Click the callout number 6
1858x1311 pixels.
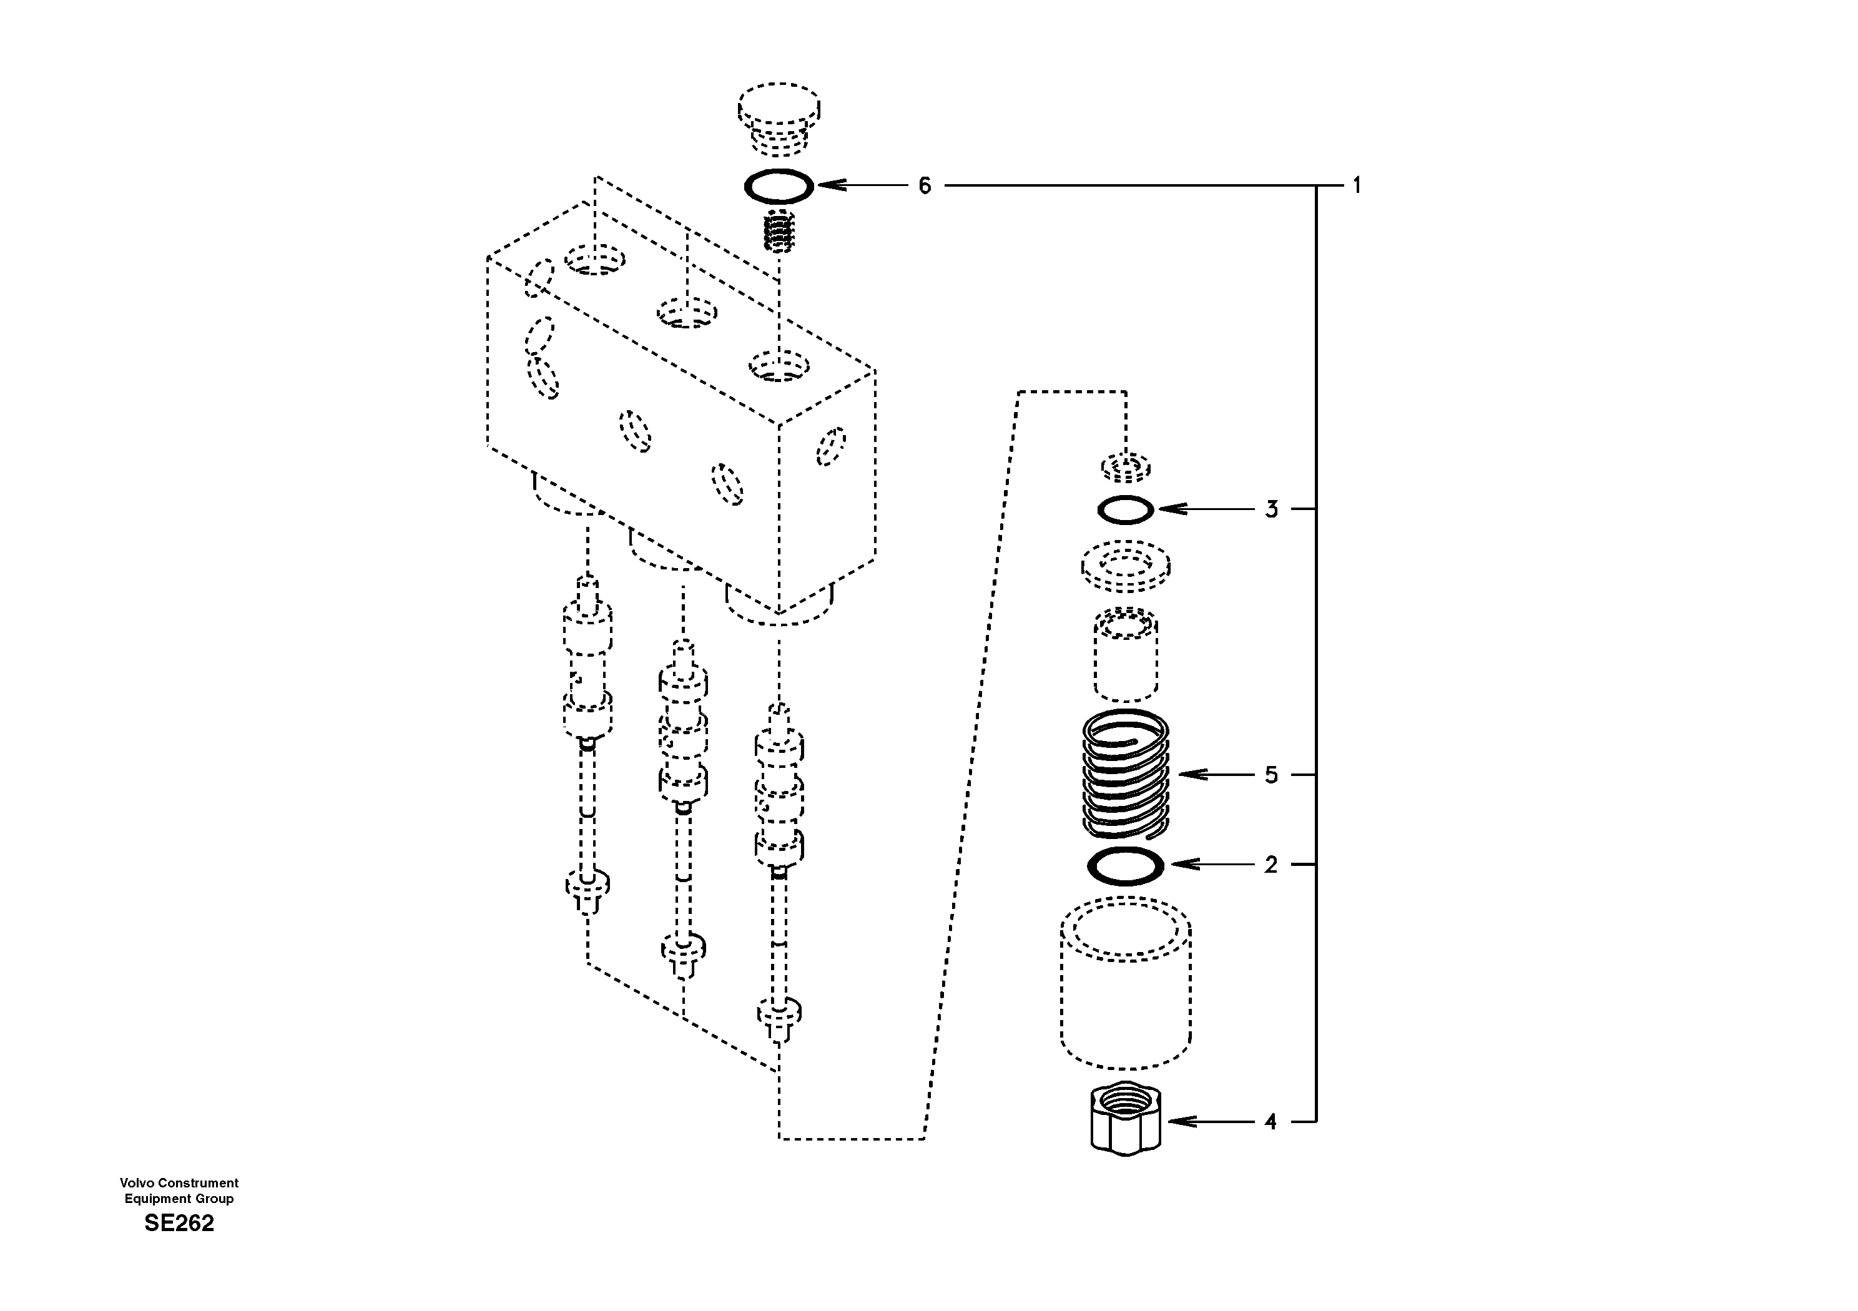(924, 186)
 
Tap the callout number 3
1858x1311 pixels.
(1271, 510)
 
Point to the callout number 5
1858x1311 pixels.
(1271, 775)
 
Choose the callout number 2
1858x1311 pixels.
(1271, 865)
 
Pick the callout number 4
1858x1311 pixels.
(1271, 1122)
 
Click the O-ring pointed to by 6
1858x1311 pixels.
(779, 186)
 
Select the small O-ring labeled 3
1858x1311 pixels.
(1125, 510)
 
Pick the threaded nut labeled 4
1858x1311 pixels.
(1126, 1122)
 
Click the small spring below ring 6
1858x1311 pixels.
(779, 230)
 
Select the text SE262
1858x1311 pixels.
(179, 1223)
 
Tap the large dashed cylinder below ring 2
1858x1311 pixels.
(1126, 983)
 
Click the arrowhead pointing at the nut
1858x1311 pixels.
(1176, 1122)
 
